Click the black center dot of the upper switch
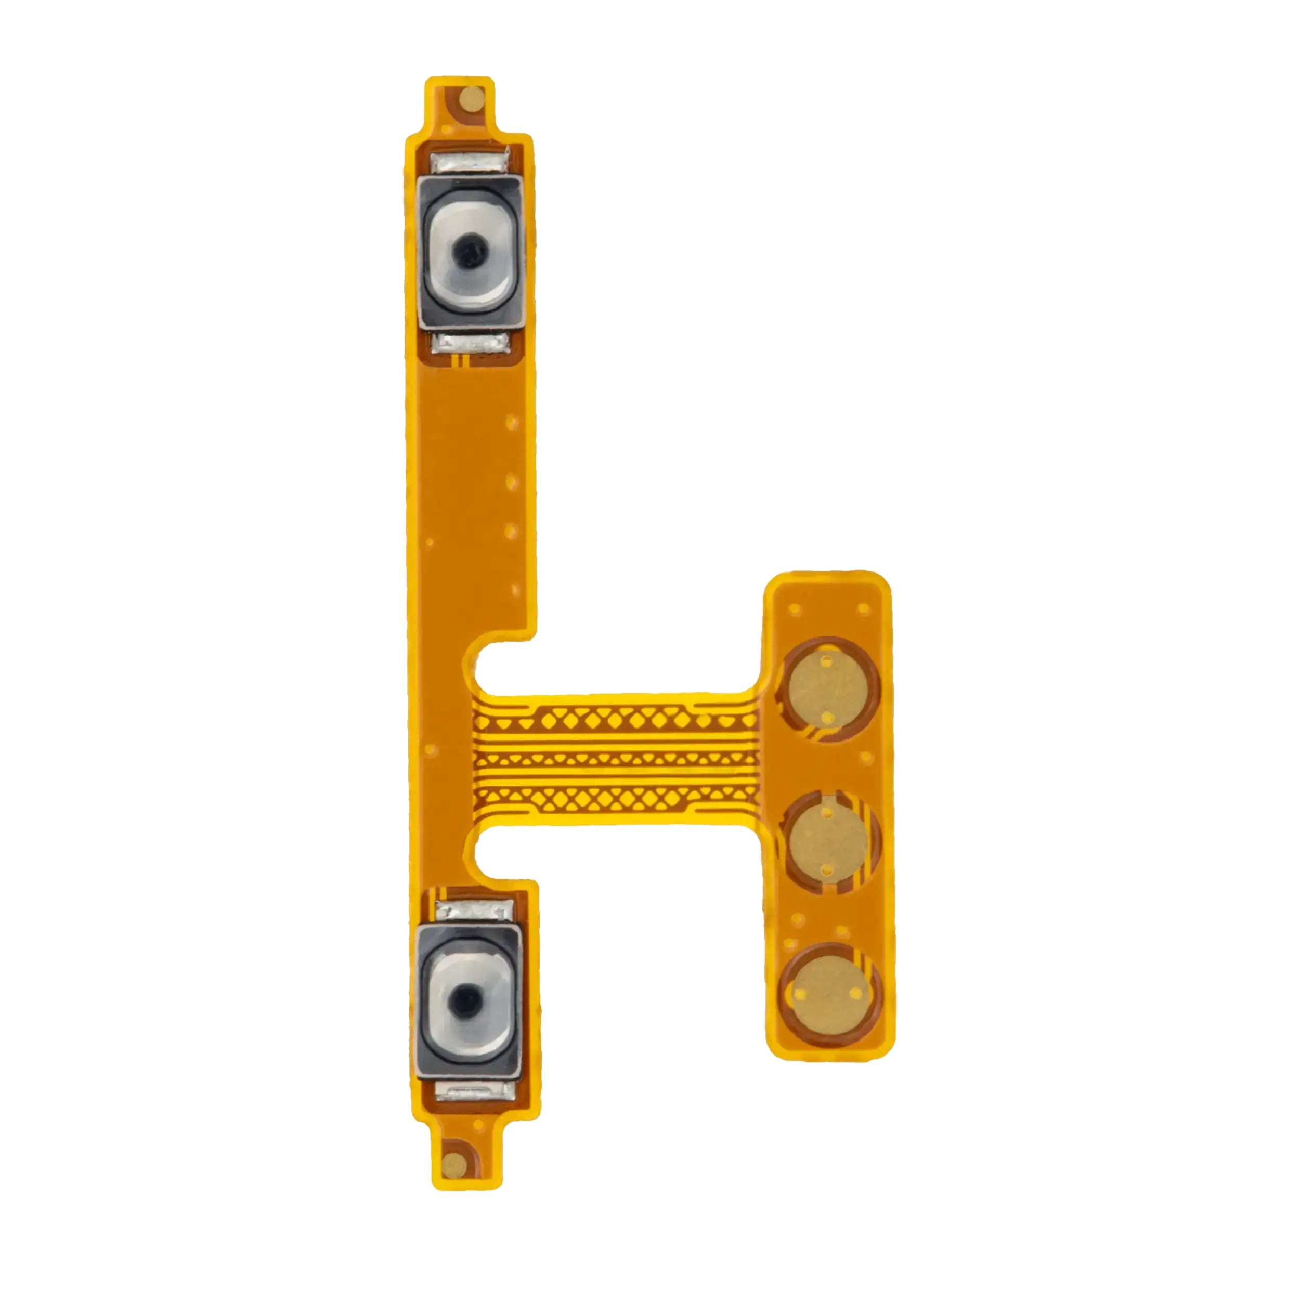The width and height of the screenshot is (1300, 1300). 469,250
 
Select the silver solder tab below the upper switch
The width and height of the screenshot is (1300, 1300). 470,345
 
